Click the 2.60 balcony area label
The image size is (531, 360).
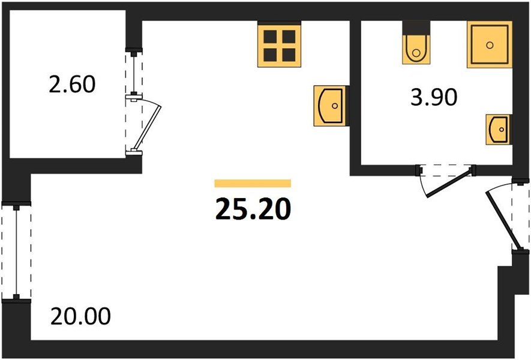[x=72, y=85]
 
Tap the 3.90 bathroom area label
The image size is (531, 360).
[x=434, y=97]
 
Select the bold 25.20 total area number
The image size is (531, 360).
[x=253, y=209]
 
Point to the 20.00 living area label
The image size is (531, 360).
[x=80, y=316]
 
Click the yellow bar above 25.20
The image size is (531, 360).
[x=253, y=183]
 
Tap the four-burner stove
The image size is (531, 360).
[x=280, y=46]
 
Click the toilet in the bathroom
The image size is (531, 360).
[x=416, y=49]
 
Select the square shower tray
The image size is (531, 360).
[x=490, y=45]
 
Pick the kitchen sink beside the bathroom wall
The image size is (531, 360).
[x=331, y=106]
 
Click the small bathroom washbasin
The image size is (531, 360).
[x=498, y=130]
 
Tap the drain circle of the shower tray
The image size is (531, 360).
[x=490, y=45]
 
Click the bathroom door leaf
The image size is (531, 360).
[x=449, y=184]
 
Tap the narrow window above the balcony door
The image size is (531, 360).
[x=134, y=73]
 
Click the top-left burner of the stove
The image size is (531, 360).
[x=270, y=37]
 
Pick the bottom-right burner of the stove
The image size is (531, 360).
[x=289, y=55]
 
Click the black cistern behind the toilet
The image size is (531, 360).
[x=416, y=28]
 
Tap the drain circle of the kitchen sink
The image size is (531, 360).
[x=335, y=106]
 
